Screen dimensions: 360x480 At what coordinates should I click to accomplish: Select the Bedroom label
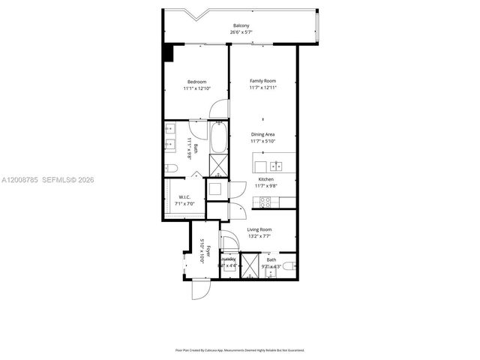click(196, 81)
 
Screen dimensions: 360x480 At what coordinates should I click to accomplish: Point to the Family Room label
click(262, 80)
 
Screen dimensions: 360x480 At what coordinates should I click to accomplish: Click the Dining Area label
click(262, 134)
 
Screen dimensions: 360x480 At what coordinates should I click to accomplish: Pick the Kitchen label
click(265, 180)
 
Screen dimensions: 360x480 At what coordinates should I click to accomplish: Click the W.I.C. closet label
click(184, 198)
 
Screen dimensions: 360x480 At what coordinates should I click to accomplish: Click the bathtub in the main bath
click(218, 138)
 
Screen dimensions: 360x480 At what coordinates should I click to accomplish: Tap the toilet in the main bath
click(170, 168)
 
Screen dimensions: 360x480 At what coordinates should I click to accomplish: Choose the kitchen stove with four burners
click(264, 200)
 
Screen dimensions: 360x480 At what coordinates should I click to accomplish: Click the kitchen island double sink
click(276, 165)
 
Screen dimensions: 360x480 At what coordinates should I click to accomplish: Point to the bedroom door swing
click(217, 111)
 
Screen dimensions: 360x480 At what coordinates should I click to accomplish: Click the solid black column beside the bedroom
click(169, 54)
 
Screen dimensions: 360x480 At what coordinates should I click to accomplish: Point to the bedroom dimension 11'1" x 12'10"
click(196, 88)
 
